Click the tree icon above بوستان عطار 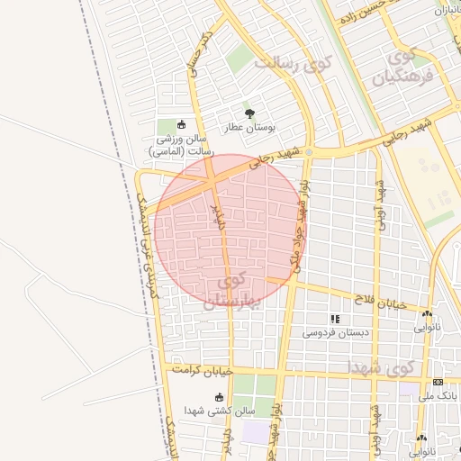click(x=249, y=113)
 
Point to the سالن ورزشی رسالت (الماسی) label click(x=181, y=146)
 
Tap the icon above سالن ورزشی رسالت click(x=182, y=125)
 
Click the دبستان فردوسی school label click(x=335, y=332)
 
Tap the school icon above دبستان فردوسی click(x=335, y=319)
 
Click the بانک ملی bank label click(x=437, y=395)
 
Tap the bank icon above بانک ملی click(x=438, y=382)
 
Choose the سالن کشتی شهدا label click(x=219, y=411)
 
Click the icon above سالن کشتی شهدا click(x=219, y=396)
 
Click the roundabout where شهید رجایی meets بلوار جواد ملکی click(x=309, y=151)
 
